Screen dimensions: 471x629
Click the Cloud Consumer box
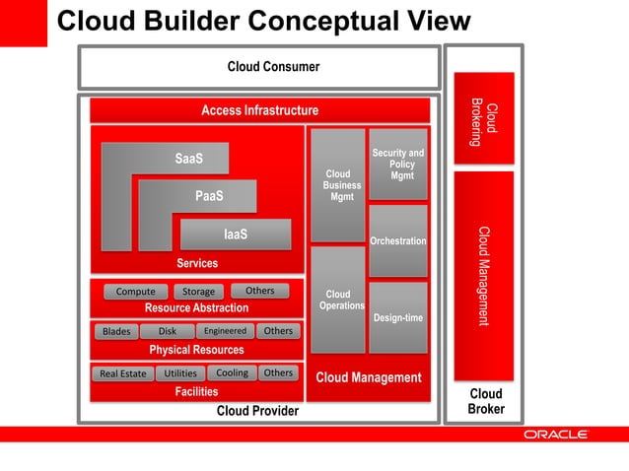258,67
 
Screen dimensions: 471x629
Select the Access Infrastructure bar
259,110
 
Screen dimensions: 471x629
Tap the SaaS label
188,159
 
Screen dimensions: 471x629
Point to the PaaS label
208,196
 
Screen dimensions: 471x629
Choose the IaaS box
236,235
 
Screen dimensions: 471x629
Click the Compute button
135,292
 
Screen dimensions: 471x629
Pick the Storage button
198,292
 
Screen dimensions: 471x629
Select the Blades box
116,332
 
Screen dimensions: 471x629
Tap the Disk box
167,331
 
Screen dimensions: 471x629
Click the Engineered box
225,331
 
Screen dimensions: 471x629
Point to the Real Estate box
122,373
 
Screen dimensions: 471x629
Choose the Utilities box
180,373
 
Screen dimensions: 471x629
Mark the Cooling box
232,372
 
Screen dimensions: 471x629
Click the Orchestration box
397,241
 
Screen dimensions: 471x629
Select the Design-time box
397,317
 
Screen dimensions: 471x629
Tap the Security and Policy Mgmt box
397,165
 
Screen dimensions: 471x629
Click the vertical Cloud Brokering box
484,119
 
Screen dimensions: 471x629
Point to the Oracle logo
555,434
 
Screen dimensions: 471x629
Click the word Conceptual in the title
316,22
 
